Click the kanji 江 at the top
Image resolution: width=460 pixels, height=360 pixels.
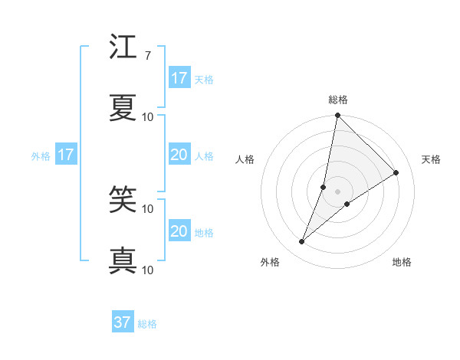click(x=123, y=48)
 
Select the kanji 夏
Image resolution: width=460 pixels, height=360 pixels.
click(x=123, y=108)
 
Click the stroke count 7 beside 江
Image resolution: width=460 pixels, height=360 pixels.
click(x=147, y=56)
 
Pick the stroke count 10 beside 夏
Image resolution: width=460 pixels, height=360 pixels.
click(x=148, y=117)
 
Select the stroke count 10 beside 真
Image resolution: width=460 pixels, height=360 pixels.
click(x=148, y=270)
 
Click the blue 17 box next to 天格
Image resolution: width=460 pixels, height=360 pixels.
click(x=179, y=77)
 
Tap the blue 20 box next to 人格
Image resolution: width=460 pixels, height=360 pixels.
click(x=179, y=155)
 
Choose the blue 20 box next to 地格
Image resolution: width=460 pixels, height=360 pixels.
click(x=179, y=231)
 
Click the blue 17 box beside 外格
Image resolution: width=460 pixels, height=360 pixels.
click(x=66, y=155)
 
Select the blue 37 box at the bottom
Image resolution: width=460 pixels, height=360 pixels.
click(x=123, y=322)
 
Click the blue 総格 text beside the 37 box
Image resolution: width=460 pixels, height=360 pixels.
click(x=147, y=324)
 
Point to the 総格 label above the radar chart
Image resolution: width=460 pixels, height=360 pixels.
click(x=338, y=100)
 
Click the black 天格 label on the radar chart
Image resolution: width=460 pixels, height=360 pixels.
click(x=431, y=159)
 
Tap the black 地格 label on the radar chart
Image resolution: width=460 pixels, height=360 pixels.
click(x=402, y=262)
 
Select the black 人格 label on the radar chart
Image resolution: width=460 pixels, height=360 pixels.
click(x=245, y=159)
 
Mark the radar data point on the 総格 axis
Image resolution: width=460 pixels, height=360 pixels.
click(x=338, y=116)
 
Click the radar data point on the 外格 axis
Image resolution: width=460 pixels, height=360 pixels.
click(x=302, y=242)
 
